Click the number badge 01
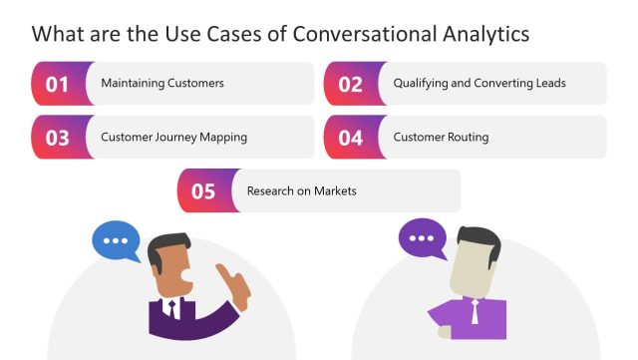pos(57,84)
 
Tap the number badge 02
pos(350,84)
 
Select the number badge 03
pos(57,138)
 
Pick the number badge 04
pos(350,138)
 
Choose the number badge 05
pos(203,191)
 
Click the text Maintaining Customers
pos(162,84)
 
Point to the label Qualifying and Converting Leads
pos(479,84)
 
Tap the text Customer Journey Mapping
pos(173,138)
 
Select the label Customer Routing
pos(441,138)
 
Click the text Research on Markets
pos(301,191)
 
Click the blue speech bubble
pos(117,241)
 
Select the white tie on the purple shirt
pos(476,311)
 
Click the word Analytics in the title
pos(483,33)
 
